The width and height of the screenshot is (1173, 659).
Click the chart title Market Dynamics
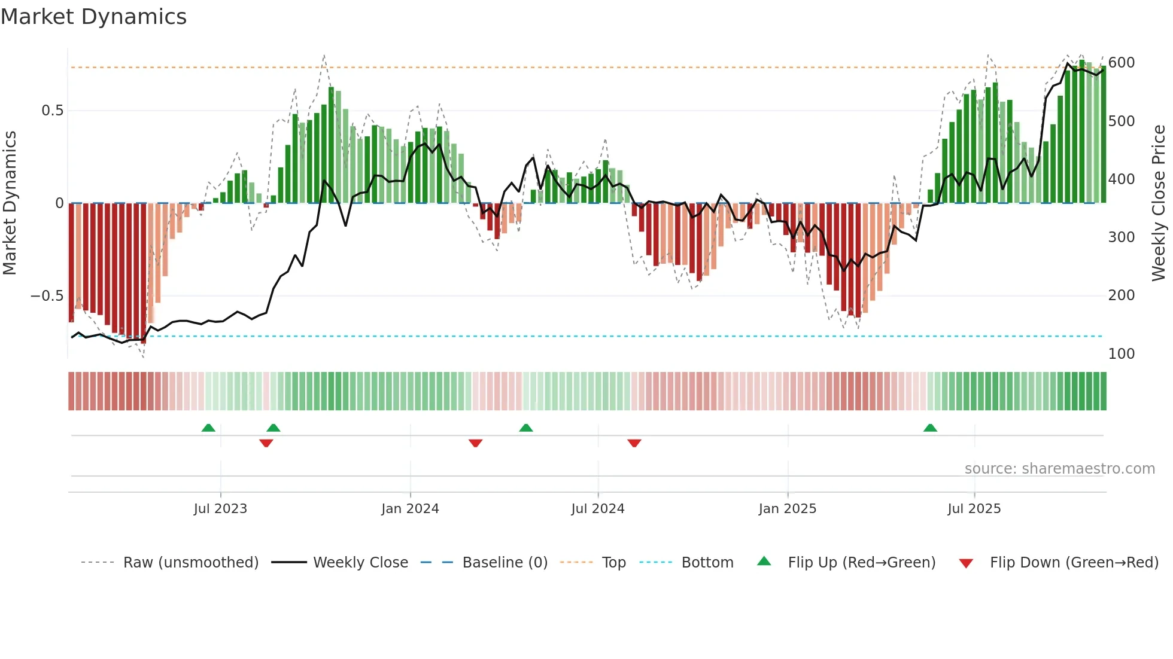[x=93, y=17]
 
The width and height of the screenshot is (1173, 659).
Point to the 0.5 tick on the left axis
[x=52, y=111]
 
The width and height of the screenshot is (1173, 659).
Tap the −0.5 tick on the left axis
[x=47, y=296]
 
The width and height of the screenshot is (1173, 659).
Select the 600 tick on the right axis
[x=1122, y=63]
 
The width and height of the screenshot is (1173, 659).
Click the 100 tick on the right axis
[x=1122, y=354]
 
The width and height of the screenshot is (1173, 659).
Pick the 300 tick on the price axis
[x=1122, y=237]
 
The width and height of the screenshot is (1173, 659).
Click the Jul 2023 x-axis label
[x=220, y=509]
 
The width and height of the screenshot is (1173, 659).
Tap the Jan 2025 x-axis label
[x=787, y=509]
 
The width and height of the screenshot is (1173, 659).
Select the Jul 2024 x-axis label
[x=597, y=509]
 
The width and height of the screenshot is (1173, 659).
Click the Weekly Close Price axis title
[x=1159, y=203]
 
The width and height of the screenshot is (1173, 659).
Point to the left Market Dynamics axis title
[x=10, y=203]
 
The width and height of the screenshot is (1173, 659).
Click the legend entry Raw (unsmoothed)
[x=190, y=563]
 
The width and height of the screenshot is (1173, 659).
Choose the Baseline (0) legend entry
[x=505, y=563]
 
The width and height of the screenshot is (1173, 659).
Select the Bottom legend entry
[x=707, y=563]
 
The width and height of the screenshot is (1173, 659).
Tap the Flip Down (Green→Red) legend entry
[x=1074, y=563]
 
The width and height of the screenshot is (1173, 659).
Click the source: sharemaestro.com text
[x=1059, y=469]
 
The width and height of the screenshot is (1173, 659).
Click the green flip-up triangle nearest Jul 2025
[x=930, y=428]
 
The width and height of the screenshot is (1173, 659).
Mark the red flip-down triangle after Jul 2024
[x=634, y=443]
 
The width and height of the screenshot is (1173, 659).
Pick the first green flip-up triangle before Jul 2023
[x=208, y=428]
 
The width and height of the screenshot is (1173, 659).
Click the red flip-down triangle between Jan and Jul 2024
[x=476, y=443]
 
